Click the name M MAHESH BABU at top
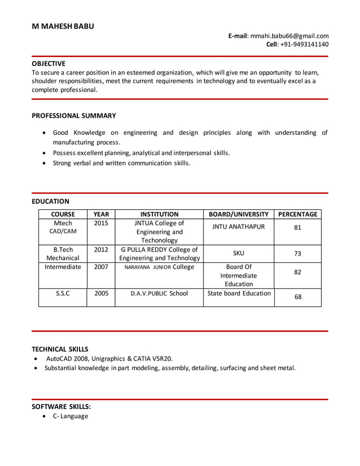pos(63,26)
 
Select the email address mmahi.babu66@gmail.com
pos(289,36)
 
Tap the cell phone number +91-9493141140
pos(305,44)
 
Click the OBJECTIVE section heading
pos(49,64)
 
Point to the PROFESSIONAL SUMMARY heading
pos(73,116)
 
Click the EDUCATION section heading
pos(50,201)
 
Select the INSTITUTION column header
pos(159,214)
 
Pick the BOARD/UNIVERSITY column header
pos(238,214)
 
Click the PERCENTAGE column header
pos(297,214)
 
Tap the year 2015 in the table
pos(101,223)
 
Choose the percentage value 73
pos(297,254)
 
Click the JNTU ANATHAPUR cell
pos(238,227)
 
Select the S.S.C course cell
pos(63,293)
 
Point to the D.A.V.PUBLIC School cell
pos(159,293)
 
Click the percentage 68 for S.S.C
pos(297,297)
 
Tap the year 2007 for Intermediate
pos(101,267)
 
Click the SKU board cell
pos(238,253)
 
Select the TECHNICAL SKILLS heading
pos(60,349)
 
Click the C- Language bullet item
pos(71,416)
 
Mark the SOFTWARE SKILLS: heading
pos(61,406)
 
